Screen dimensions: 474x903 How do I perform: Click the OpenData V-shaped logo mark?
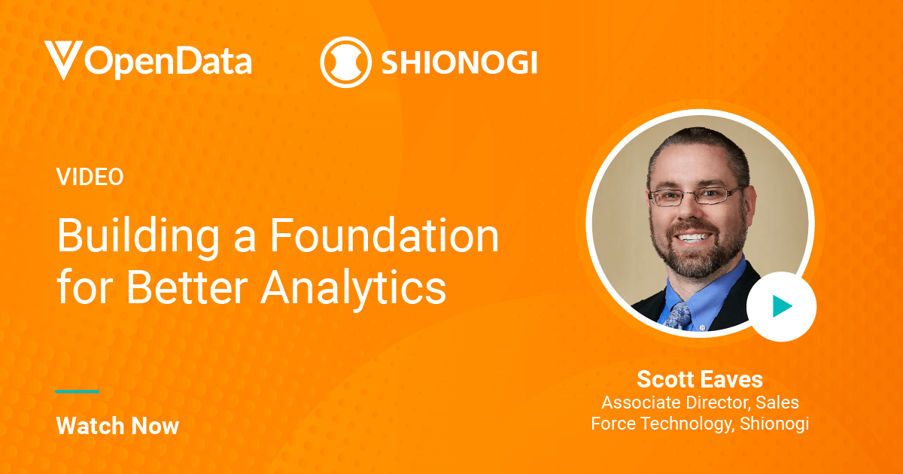pyautogui.click(x=62, y=59)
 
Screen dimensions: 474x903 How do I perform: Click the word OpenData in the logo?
pyautogui.click(x=168, y=60)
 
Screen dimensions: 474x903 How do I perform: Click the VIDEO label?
pyautogui.click(x=90, y=177)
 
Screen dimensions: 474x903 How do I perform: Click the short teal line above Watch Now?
pyautogui.click(x=78, y=391)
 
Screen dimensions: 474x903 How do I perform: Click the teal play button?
pyautogui.click(x=781, y=306)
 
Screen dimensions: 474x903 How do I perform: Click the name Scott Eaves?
pyautogui.click(x=700, y=378)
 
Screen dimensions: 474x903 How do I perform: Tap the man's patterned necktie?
pyautogui.click(x=680, y=314)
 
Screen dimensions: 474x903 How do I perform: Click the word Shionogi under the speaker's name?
pyautogui.click(x=774, y=424)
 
